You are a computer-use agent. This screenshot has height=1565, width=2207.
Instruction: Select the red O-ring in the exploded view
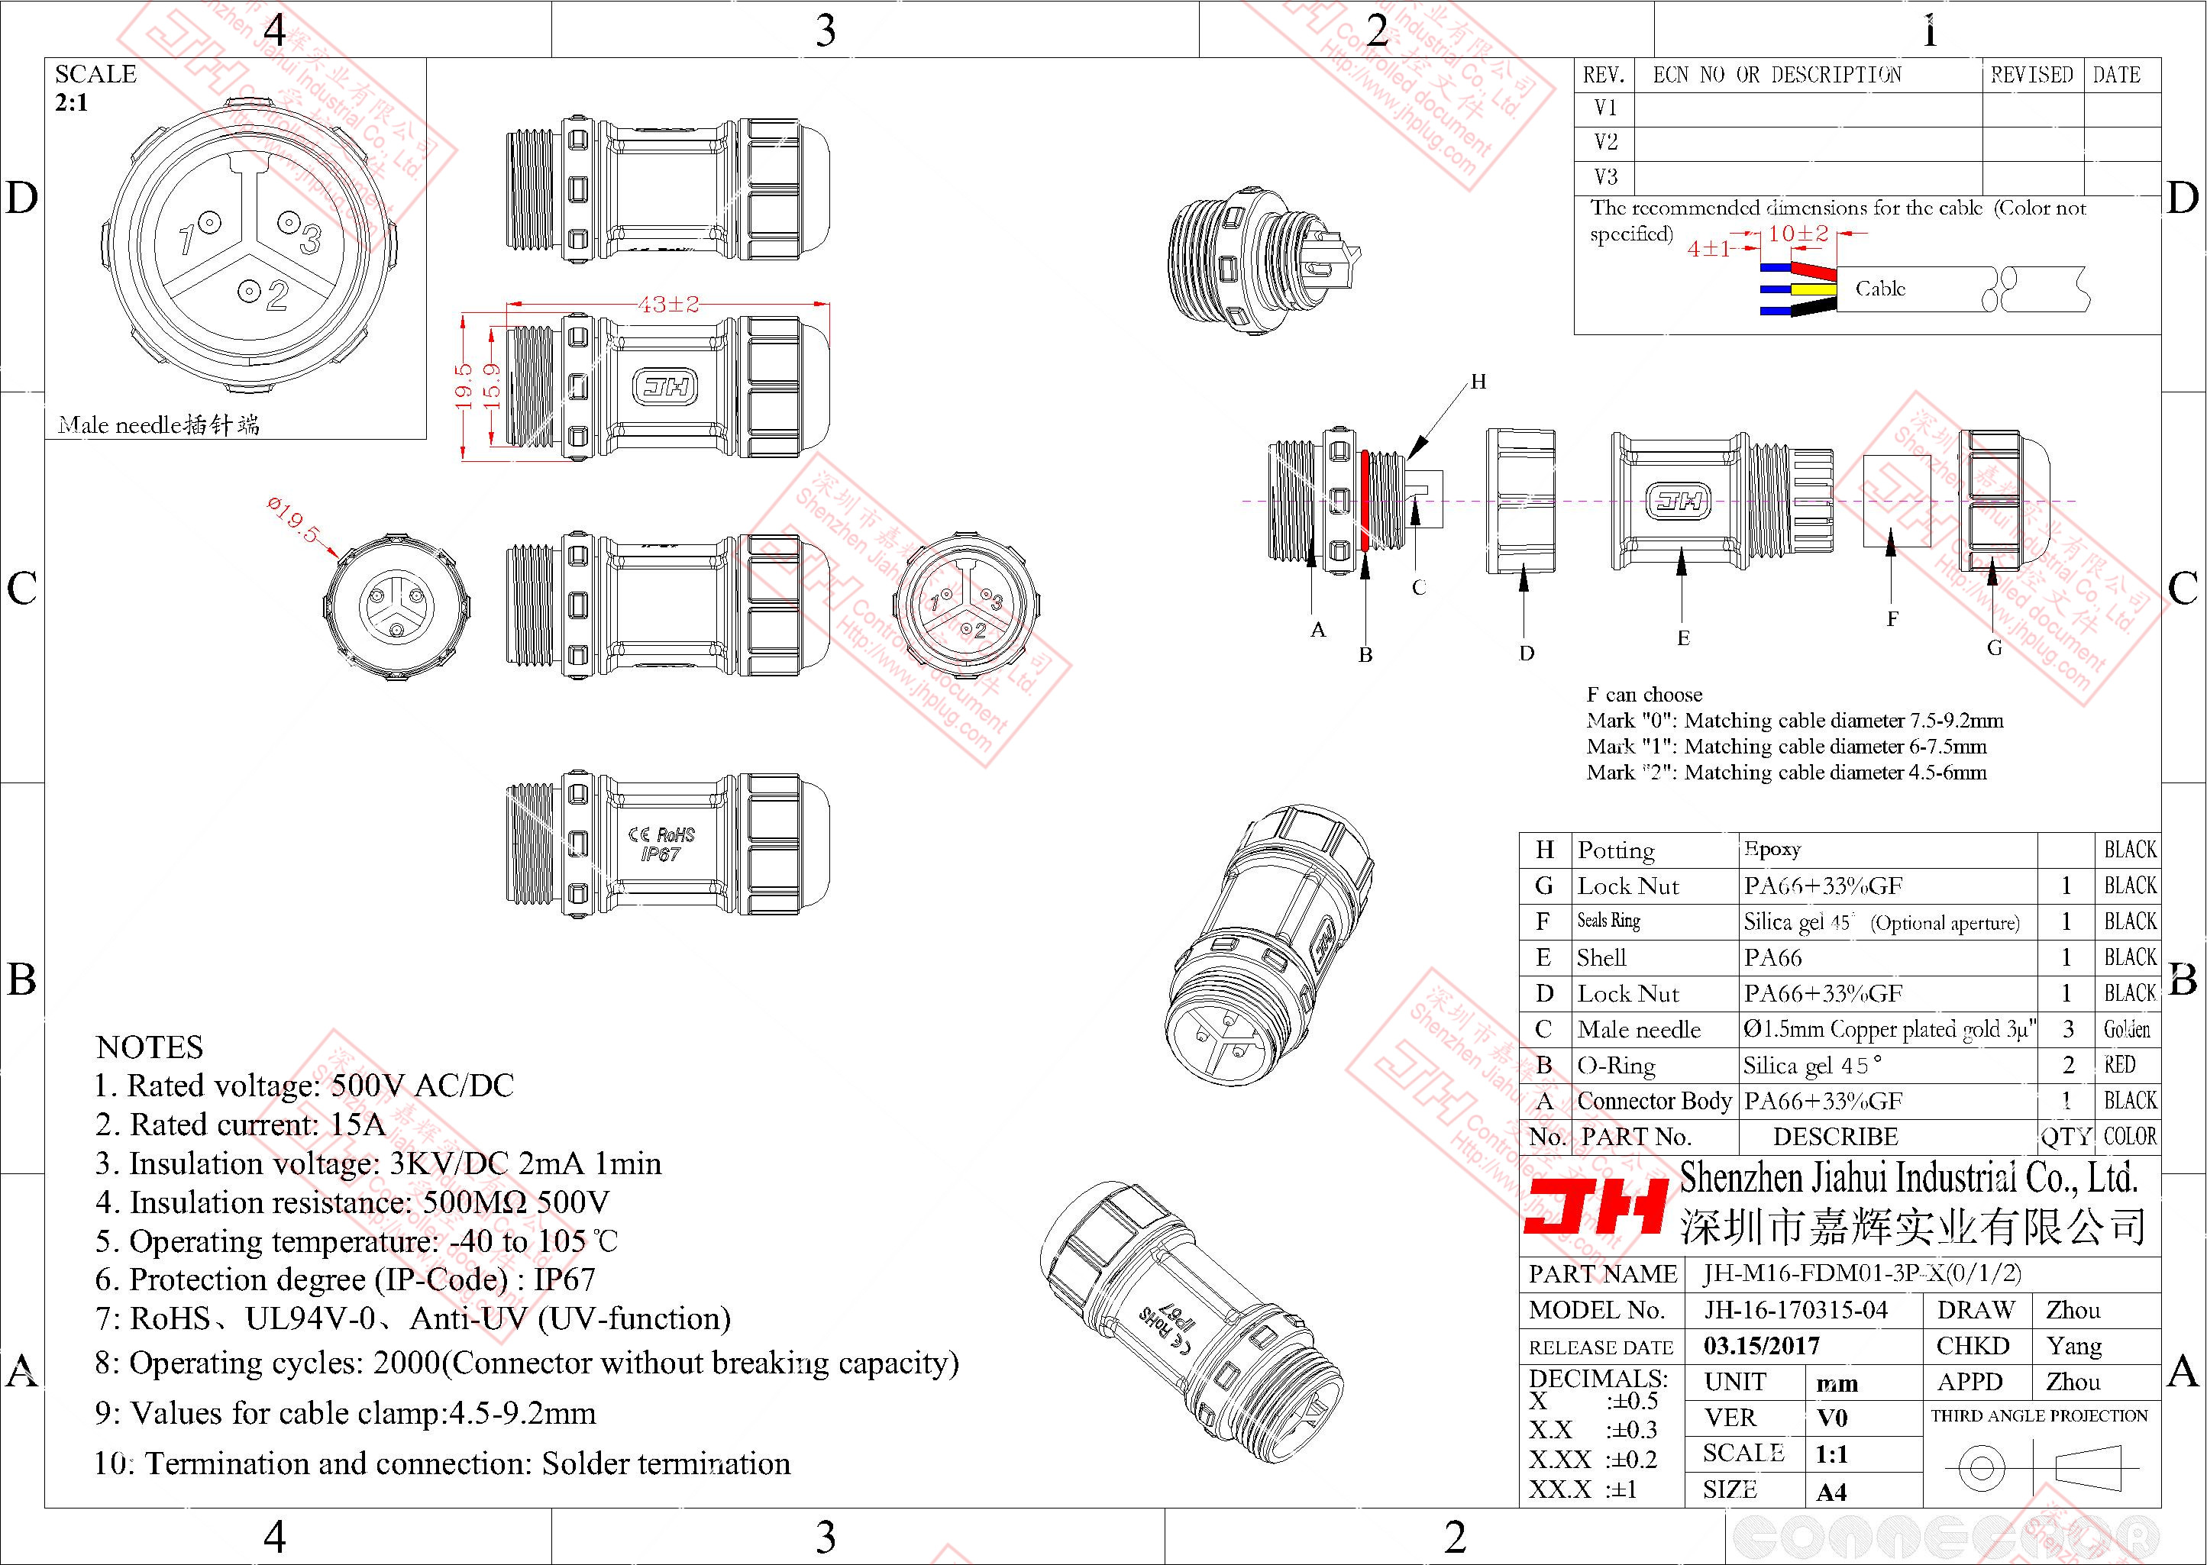(1365, 500)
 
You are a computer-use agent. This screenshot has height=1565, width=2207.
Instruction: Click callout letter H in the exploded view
(1478, 382)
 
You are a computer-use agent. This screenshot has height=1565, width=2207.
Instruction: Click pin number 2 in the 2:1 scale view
(276, 295)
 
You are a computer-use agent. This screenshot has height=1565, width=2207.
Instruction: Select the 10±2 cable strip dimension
(1798, 233)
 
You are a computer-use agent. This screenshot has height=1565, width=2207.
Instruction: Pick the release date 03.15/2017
(1762, 1345)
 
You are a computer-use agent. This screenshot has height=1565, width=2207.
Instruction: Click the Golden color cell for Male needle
(2127, 1029)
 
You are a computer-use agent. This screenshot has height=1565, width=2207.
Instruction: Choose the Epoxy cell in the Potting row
(1772, 849)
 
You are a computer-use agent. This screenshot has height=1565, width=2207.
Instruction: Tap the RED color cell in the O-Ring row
(2119, 1065)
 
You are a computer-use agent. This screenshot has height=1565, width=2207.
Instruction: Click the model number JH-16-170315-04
(1795, 1309)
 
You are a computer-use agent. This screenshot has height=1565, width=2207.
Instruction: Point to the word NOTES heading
(150, 1047)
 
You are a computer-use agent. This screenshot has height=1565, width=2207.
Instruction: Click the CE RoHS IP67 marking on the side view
(661, 844)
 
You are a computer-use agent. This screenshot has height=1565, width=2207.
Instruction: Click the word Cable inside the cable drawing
(1879, 288)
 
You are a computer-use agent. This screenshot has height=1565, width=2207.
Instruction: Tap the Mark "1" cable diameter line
(1786, 746)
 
